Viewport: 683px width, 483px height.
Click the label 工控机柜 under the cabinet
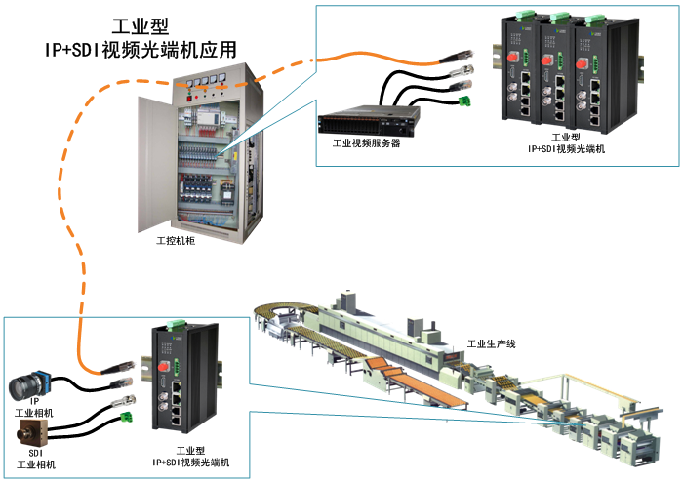coord(176,239)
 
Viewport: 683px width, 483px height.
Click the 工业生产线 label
coord(490,343)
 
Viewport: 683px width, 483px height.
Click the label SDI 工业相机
coord(36,458)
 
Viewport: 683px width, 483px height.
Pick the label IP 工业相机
coord(37,408)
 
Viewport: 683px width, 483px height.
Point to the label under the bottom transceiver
coord(197,456)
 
